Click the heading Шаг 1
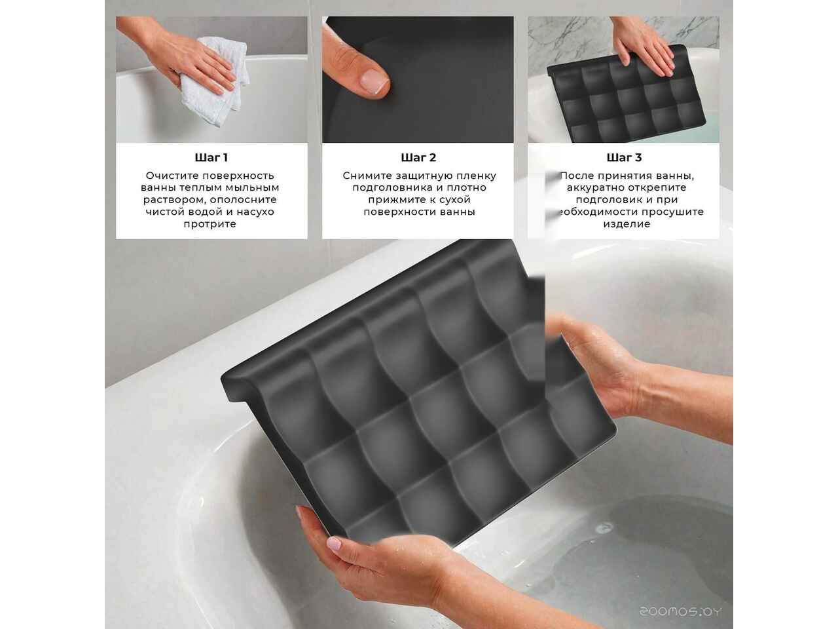tap(211, 157)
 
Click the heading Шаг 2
tap(418, 157)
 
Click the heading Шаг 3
tap(624, 157)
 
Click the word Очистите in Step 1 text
tap(172, 176)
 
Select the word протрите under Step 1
tap(209, 224)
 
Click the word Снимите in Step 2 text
tap(367, 176)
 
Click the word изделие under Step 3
tap(627, 224)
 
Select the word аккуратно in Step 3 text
tap(594, 187)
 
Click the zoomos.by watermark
tap(680, 611)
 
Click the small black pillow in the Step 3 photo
tap(626, 96)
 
